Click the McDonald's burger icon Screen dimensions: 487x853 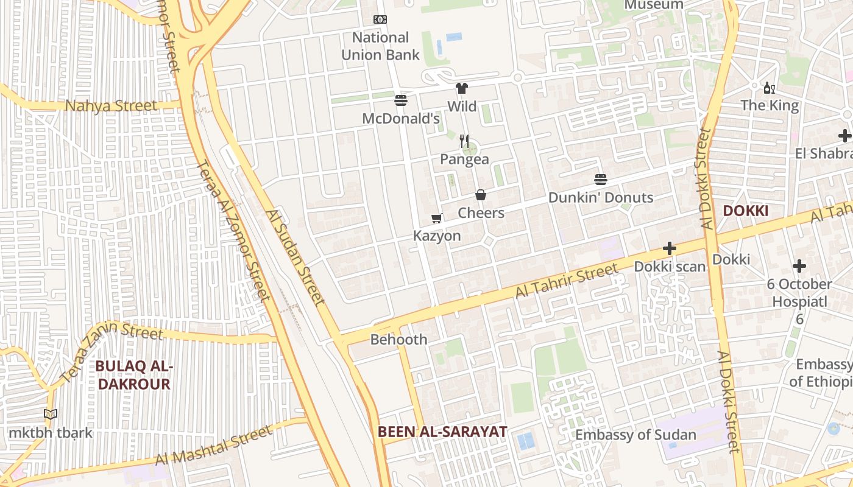point(400,100)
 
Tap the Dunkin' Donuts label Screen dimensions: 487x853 point(601,197)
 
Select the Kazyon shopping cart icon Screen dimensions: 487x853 point(436,218)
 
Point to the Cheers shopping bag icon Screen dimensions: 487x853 point(481,195)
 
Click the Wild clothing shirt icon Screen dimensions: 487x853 point(461,88)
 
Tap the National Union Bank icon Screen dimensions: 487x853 point(380,19)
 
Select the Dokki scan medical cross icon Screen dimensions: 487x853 point(670,248)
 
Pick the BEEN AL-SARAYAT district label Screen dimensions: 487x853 point(442,432)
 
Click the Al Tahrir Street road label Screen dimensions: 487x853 point(567,281)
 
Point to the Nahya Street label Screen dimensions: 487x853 point(111,105)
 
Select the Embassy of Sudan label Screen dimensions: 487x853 point(635,435)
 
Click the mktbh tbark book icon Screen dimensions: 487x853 point(51,415)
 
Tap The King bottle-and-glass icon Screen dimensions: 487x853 point(770,88)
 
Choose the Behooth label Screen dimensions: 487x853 point(399,339)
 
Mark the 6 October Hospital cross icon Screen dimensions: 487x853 point(799,266)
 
